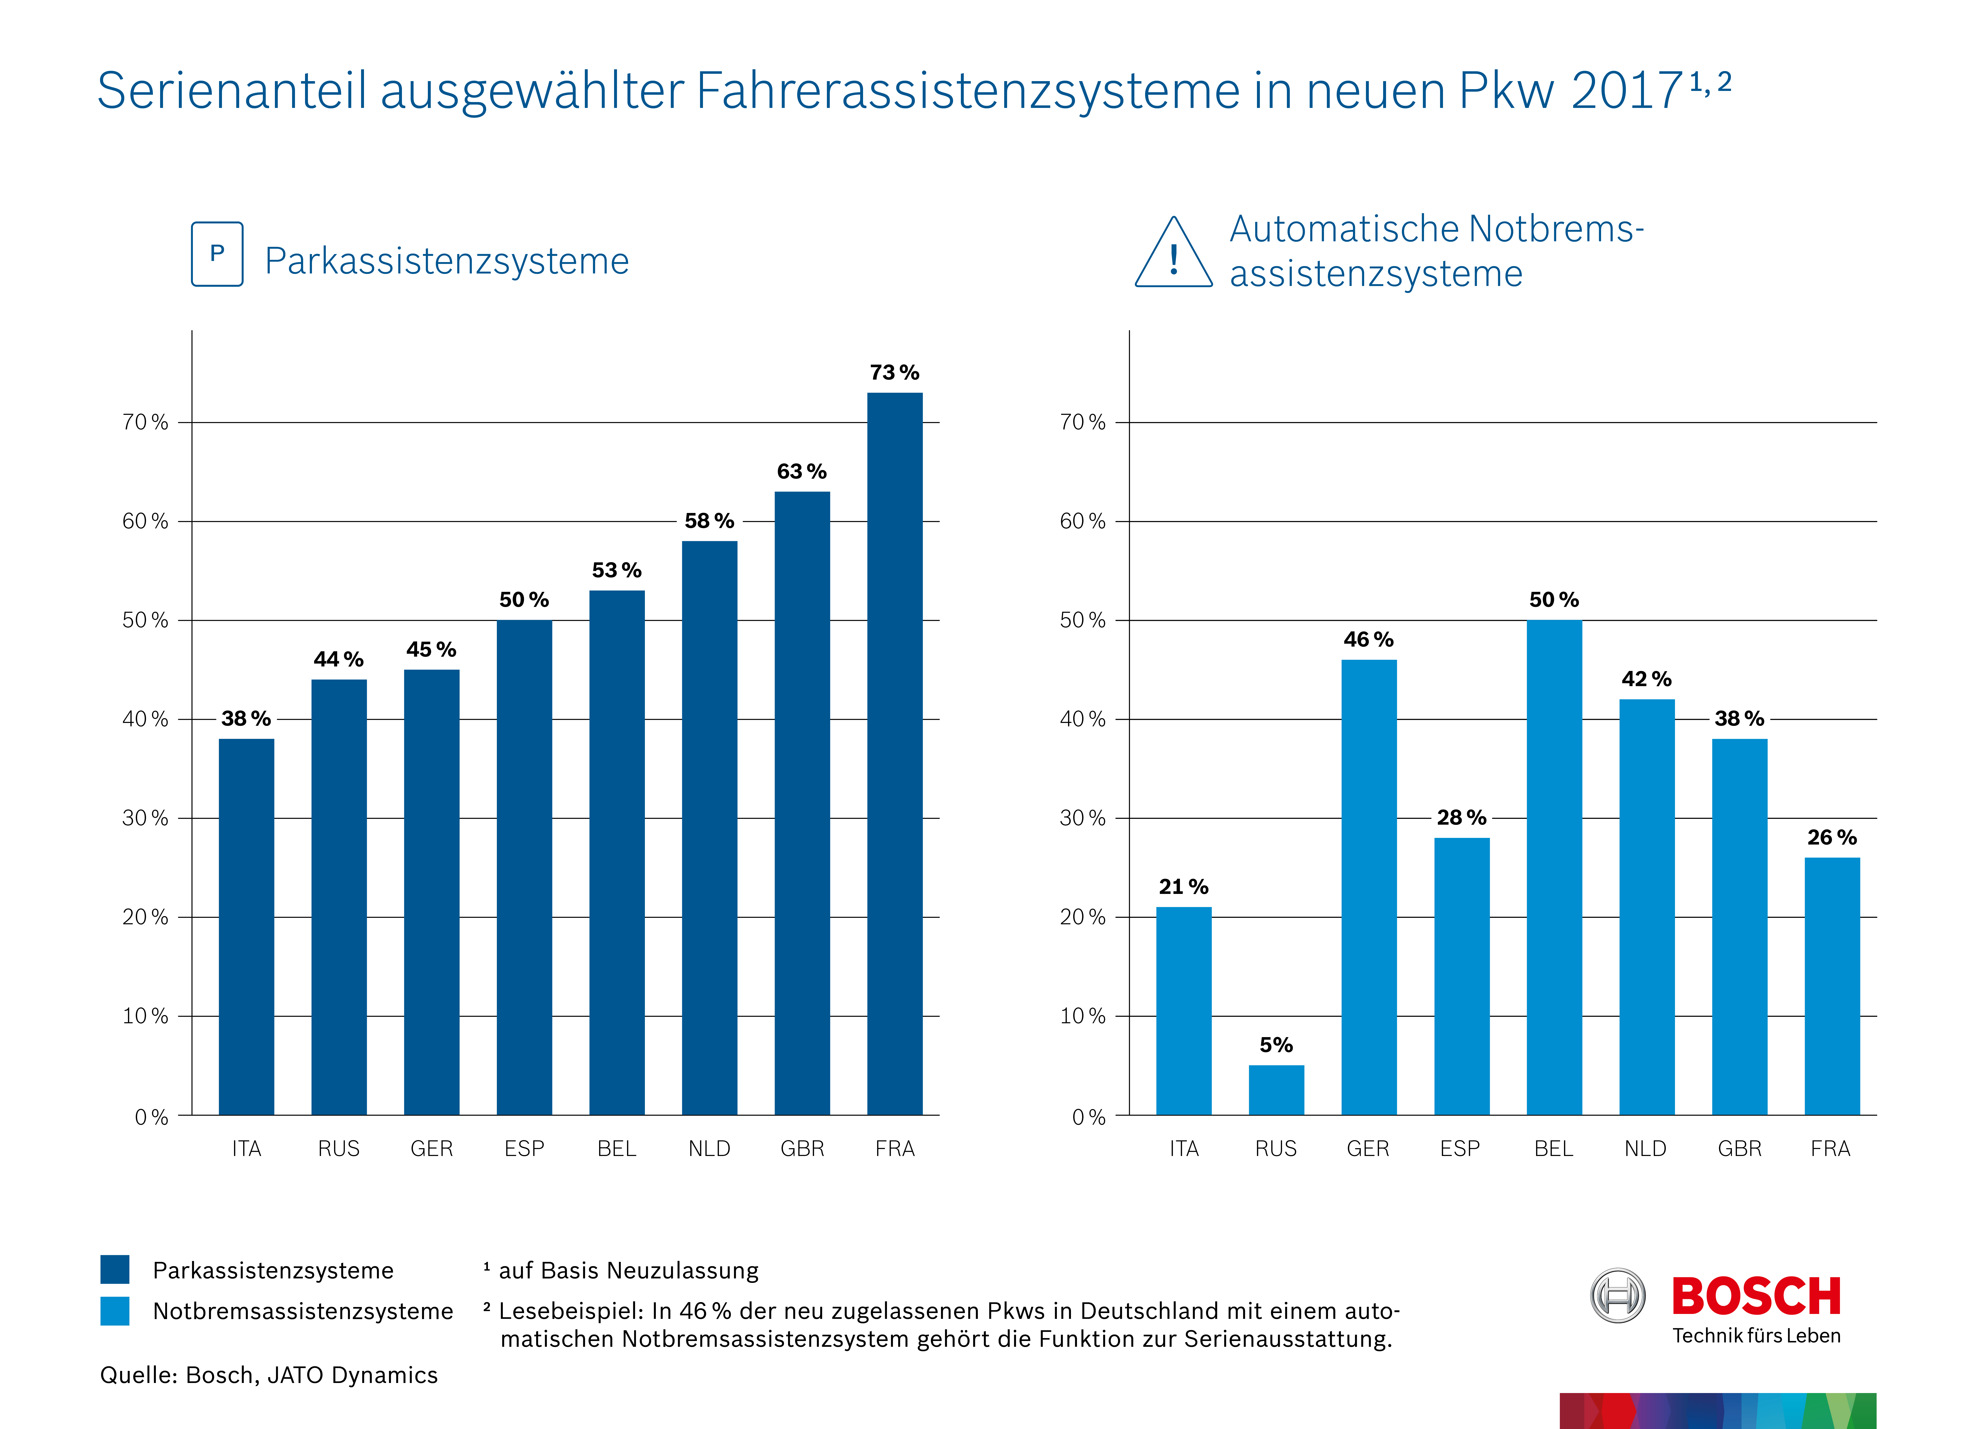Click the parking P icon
point(217,254)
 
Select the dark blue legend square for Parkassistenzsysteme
point(115,1269)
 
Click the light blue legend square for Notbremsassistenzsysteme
point(115,1310)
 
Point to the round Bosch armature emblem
point(1618,1296)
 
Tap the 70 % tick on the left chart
point(145,422)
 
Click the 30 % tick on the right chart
point(1082,818)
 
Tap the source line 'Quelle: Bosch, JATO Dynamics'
point(269,1375)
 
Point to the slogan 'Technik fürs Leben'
point(1756,1336)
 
